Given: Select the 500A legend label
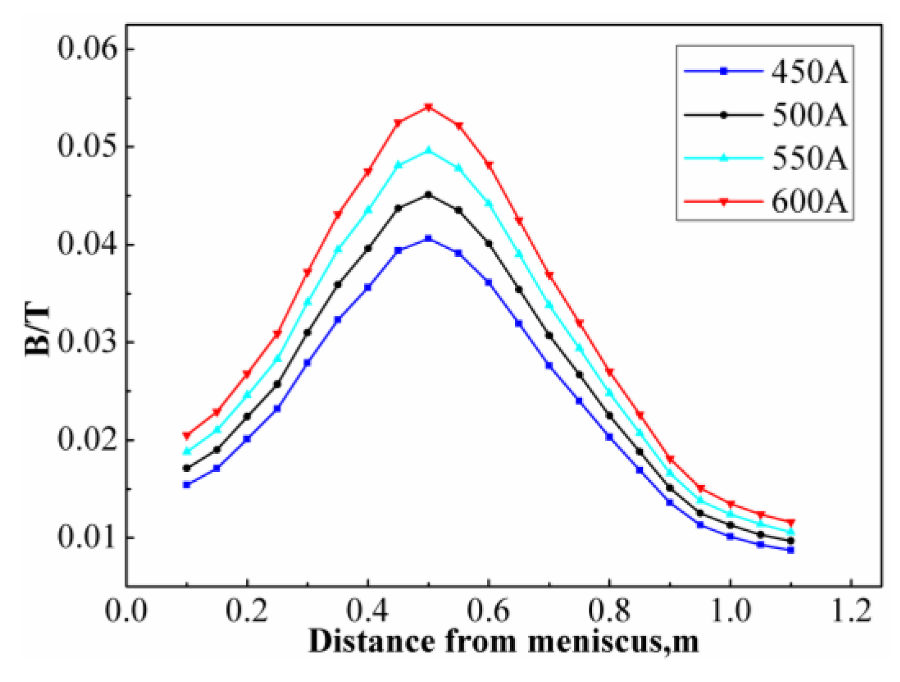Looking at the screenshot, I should [x=809, y=115].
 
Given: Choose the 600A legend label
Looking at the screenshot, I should [x=809, y=202].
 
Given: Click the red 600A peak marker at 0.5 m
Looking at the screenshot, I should [x=429, y=107].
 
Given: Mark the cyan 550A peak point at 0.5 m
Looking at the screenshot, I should [x=429, y=150].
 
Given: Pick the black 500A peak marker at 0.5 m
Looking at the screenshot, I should [x=429, y=195].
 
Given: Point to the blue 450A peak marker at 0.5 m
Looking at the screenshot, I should [x=429, y=238].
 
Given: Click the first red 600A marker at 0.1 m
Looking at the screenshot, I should [x=187, y=435].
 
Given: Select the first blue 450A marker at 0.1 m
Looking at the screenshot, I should [x=187, y=484].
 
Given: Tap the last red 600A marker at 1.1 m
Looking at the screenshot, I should [x=791, y=523].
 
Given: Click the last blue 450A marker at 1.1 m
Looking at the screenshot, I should [x=791, y=551].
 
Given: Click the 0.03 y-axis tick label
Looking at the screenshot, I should [x=88, y=343].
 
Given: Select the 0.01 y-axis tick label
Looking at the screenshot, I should [x=88, y=538].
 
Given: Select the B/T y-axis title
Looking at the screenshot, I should [x=38, y=332].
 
